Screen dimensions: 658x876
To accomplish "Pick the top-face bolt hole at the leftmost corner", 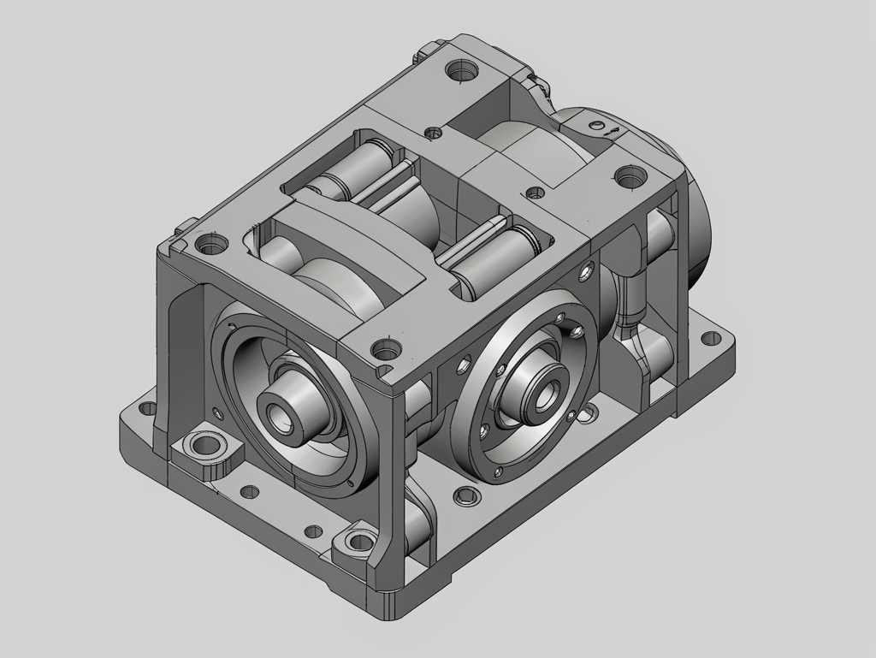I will point(210,246).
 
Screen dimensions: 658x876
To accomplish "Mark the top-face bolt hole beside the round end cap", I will point(630,178).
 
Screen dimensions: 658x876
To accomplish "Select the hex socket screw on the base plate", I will point(465,495).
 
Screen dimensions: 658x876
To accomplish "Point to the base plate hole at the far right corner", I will point(710,337).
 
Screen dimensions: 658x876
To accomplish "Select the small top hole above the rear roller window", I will point(434,133).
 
